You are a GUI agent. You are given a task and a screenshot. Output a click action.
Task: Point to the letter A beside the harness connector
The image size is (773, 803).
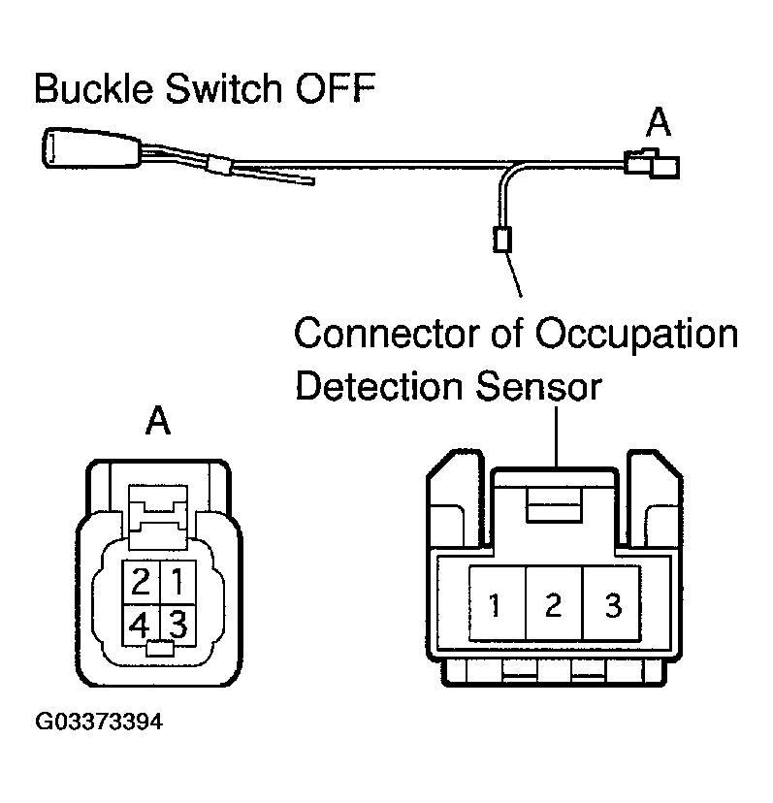[x=660, y=123]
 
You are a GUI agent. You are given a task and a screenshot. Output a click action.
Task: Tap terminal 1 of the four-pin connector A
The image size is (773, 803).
[x=176, y=583]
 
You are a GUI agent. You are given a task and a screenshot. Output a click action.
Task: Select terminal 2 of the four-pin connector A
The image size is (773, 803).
[x=142, y=583]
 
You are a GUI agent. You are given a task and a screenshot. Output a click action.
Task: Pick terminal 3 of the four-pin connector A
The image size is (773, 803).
[x=176, y=621]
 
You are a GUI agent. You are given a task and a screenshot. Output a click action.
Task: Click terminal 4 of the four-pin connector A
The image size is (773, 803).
[x=142, y=622]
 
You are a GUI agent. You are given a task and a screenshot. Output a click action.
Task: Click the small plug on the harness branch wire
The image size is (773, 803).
[x=501, y=238]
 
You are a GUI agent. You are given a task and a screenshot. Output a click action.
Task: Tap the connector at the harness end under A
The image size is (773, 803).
[x=651, y=164]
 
